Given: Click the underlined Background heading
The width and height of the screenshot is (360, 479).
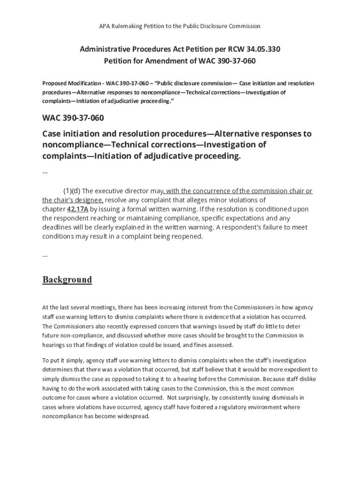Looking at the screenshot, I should (67, 280).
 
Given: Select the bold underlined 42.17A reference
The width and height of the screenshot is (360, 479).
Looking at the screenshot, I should (78, 209).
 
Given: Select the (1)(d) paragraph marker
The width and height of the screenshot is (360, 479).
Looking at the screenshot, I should (72, 191).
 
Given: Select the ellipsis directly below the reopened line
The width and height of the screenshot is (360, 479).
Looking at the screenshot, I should (45, 254).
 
